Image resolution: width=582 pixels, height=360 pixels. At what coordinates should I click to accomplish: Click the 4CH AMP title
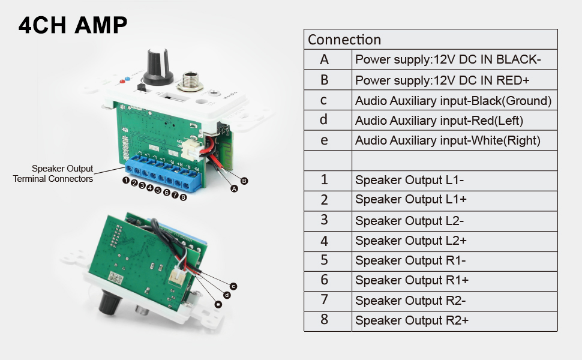(x=73, y=25)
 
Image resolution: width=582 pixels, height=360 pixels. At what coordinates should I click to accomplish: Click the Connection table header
(x=344, y=40)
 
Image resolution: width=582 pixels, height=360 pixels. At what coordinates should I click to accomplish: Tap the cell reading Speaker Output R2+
(x=412, y=320)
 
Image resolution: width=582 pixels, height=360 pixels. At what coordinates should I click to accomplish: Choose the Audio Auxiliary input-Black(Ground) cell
(x=453, y=101)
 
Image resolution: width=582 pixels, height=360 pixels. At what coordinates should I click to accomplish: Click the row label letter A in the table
(x=325, y=59)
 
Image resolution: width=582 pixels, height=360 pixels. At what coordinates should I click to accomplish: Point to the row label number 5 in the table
(x=325, y=260)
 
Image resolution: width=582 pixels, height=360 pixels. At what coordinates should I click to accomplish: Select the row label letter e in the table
(x=325, y=140)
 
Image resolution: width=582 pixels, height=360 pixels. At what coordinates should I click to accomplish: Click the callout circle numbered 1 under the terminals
(x=127, y=180)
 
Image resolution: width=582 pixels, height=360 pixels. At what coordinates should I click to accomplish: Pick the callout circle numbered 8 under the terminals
(x=182, y=197)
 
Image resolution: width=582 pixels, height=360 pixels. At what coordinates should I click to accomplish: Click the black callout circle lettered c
(x=234, y=286)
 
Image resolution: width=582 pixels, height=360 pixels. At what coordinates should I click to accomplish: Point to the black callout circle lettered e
(x=218, y=304)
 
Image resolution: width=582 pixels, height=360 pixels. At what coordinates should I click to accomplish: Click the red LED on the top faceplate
(x=124, y=81)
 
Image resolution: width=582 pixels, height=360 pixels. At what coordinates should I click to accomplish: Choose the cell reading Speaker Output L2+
(x=410, y=241)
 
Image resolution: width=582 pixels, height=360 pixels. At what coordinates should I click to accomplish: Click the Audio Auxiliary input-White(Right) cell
(x=448, y=140)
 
